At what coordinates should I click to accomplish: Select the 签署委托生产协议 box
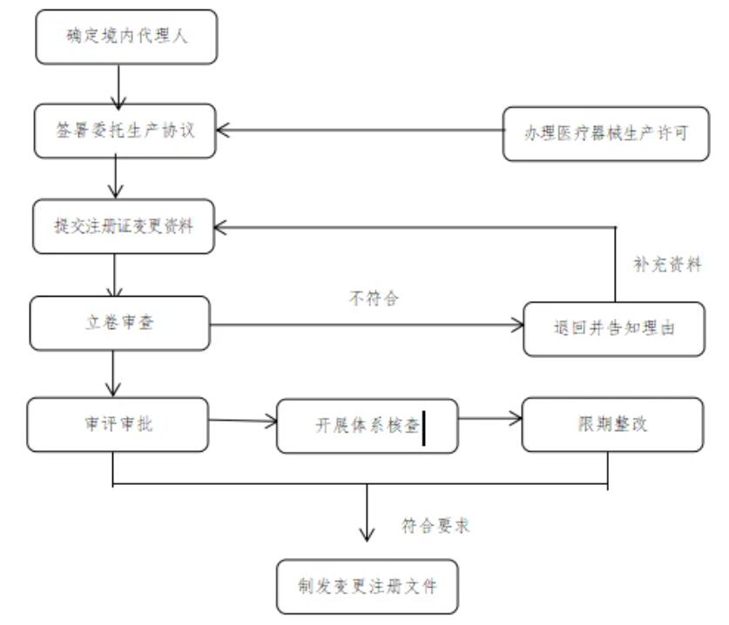[x=125, y=131]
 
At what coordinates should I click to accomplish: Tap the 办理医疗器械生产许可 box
[x=607, y=133]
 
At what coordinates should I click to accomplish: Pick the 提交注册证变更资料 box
[x=124, y=226]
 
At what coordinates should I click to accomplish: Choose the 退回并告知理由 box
[x=614, y=328]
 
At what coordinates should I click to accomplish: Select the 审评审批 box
[x=118, y=425]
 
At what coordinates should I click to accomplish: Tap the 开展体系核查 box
[x=367, y=426]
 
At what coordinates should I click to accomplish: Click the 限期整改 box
[x=612, y=425]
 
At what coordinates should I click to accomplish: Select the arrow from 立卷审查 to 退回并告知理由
[x=367, y=327]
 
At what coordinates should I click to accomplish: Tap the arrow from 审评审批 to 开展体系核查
[x=243, y=422]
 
